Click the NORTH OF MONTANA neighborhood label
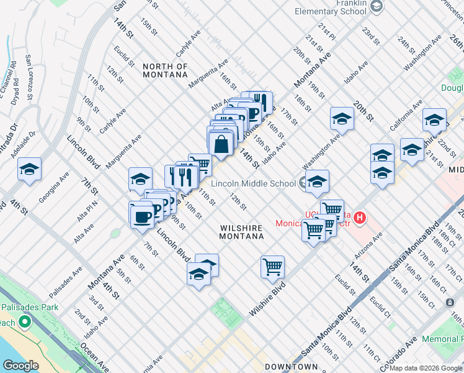(164, 70)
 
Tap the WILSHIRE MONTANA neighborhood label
(242, 232)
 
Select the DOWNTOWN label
(292, 367)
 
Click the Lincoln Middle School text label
(253, 183)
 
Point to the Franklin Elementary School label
(331, 7)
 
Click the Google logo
(20, 366)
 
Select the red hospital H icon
(359, 218)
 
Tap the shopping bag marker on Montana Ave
(221, 144)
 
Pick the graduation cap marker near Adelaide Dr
(29, 170)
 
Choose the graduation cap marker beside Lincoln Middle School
(317, 182)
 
